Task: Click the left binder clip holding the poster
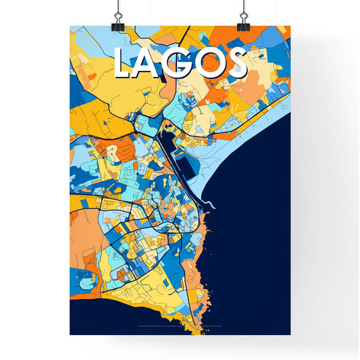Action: (x=119, y=20)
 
